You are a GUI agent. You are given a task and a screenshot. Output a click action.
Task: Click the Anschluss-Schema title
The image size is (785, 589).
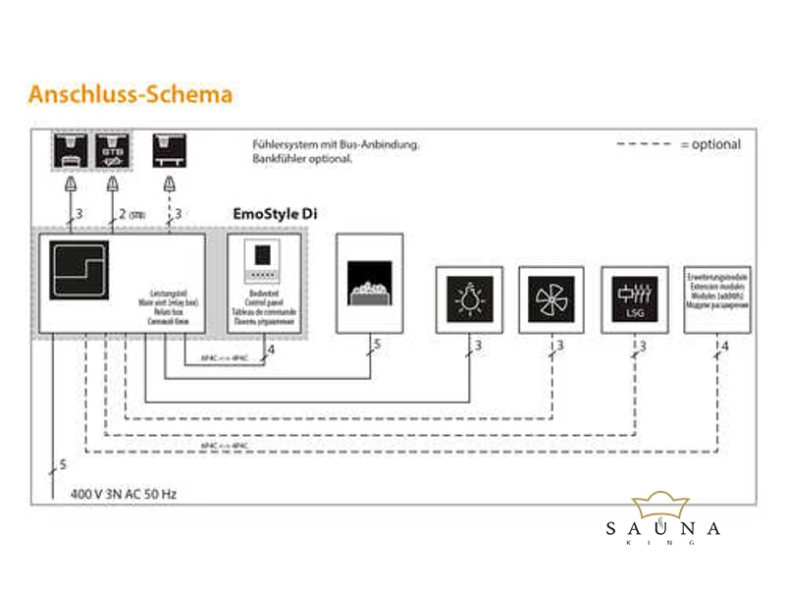(x=131, y=94)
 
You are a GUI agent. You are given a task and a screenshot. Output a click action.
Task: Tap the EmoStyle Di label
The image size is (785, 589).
(x=274, y=213)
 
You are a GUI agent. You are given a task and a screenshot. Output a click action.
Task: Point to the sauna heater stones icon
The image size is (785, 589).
(x=369, y=285)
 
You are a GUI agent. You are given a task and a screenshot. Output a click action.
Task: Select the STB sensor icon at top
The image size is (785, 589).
(x=113, y=150)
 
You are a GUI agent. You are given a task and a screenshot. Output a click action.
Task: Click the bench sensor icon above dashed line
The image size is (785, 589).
(x=170, y=150)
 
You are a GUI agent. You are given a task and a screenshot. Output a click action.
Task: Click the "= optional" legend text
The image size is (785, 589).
(x=709, y=144)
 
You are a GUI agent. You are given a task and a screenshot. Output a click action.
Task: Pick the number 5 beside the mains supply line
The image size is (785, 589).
(x=63, y=464)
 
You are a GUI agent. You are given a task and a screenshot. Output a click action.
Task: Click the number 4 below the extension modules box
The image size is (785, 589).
(x=725, y=346)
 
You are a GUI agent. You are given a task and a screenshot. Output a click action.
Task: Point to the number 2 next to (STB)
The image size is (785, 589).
(x=121, y=213)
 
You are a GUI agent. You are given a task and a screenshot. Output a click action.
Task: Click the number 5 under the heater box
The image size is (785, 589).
(x=376, y=346)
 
